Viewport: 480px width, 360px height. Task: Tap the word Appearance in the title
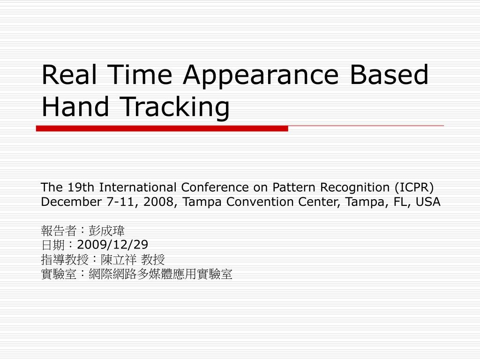tap(261, 76)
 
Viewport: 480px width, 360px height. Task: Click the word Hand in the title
tap(75, 106)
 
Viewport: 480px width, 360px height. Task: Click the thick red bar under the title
tap(162, 128)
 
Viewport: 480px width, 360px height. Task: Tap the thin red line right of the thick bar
tap(366, 126)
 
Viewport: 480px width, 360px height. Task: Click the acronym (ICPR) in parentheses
tap(414, 187)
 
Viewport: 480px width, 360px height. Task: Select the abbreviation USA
tap(428, 202)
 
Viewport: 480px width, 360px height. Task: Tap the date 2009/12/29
tap(112, 245)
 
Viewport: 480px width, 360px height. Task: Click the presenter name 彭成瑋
tap(106, 231)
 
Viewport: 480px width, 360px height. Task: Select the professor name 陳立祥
tap(119, 260)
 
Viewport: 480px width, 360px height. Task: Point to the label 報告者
tap(59, 231)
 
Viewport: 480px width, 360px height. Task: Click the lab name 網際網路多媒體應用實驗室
tap(160, 274)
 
